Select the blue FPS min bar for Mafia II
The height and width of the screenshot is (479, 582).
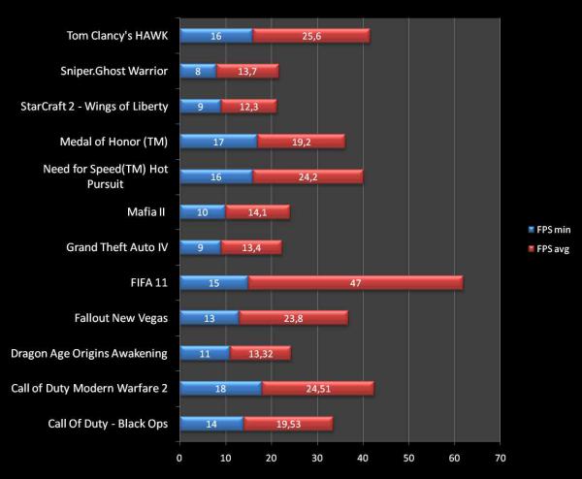(202, 211)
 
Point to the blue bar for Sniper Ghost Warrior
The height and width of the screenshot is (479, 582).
(198, 71)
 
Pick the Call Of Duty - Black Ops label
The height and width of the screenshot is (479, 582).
(106, 423)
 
